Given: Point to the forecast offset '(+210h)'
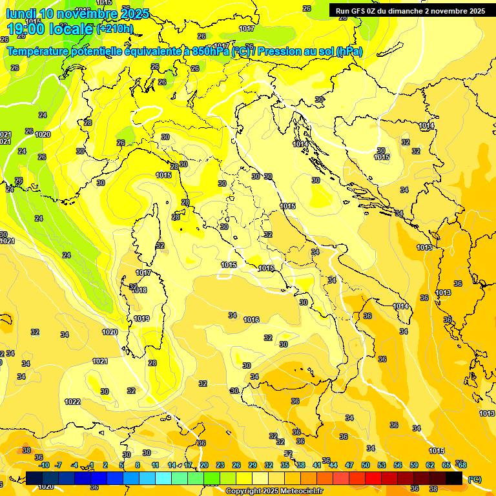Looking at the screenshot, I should [115, 29].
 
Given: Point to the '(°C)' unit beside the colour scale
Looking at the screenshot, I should [475, 479].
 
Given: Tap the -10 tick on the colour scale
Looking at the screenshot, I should [44, 465].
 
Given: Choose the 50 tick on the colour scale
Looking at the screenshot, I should [366, 465].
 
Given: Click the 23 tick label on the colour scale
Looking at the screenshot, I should [220, 465].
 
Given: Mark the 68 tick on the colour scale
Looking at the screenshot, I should [462, 465].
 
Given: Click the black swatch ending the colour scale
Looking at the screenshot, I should [454, 478].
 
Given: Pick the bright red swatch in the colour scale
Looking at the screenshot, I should [373, 478].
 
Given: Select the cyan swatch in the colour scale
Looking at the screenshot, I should [163, 478].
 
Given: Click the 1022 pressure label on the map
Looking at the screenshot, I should [72, 402].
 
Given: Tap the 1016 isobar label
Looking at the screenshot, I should [251, 320].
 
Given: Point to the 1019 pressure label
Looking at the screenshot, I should [141, 318].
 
